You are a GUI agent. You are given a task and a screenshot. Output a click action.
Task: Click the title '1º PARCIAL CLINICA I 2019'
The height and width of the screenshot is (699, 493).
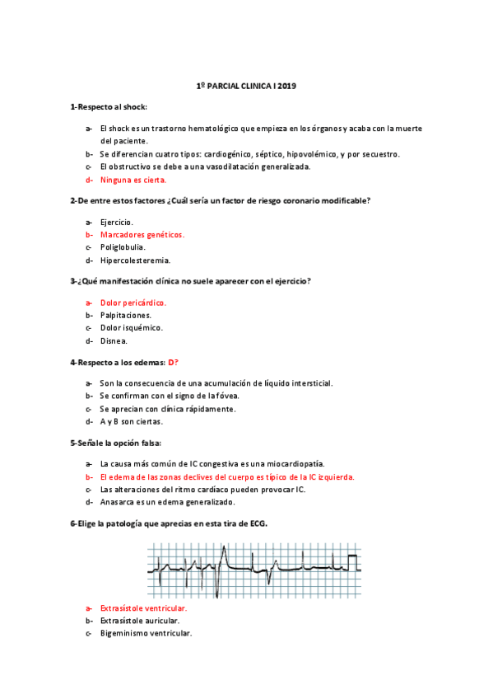(x=246, y=86)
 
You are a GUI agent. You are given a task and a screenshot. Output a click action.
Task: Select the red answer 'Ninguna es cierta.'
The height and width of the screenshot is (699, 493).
(x=133, y=179)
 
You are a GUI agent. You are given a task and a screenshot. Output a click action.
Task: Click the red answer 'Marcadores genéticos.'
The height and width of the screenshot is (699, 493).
(x=142, y=234)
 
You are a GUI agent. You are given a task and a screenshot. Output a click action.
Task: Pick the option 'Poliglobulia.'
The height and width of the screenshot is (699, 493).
(x=123, y=246)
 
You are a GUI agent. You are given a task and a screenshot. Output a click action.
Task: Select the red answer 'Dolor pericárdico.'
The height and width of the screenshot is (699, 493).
(x=133, y=302)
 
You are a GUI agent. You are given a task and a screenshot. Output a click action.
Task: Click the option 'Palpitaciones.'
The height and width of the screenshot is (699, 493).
(x=125, y=315)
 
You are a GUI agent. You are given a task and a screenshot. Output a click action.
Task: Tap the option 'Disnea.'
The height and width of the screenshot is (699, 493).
(x=114, y=340)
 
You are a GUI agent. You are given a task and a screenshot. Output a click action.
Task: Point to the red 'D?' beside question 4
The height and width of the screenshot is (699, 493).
(x=173, y=362)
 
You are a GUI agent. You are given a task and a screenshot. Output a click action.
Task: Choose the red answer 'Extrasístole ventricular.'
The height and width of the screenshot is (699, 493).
(x=143, y=608)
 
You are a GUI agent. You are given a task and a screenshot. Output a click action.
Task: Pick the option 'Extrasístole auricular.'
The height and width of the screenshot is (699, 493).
(x=139, y=620)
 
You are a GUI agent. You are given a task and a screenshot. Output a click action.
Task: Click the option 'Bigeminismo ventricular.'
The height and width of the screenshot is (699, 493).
(x=146, y=633)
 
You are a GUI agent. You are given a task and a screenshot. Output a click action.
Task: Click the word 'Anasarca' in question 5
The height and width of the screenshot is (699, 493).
(x=116, y=501)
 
